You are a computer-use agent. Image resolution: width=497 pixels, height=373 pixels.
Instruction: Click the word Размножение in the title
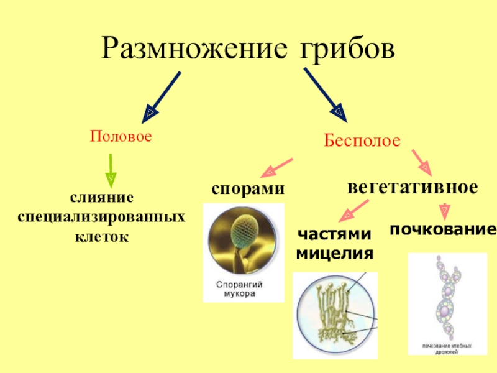coord(189,47)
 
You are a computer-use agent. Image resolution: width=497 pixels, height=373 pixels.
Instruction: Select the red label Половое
coord(121,135)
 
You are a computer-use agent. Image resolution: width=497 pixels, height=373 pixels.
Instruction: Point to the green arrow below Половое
coord(110,168)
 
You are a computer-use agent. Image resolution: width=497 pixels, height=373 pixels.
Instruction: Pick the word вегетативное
coord(413,186)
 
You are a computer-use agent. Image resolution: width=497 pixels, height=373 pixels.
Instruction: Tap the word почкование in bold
coord(443,230)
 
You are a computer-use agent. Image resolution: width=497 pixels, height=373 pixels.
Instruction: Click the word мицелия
coord(334,254)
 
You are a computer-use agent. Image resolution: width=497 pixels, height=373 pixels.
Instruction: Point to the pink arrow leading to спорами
coord(278,166)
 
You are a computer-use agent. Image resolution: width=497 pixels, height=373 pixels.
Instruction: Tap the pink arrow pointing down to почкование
coord(443,210)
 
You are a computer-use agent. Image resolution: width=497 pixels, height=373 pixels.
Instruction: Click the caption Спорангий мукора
coord(239,290)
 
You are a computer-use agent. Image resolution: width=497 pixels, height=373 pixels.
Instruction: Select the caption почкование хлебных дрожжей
coord(447,349)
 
